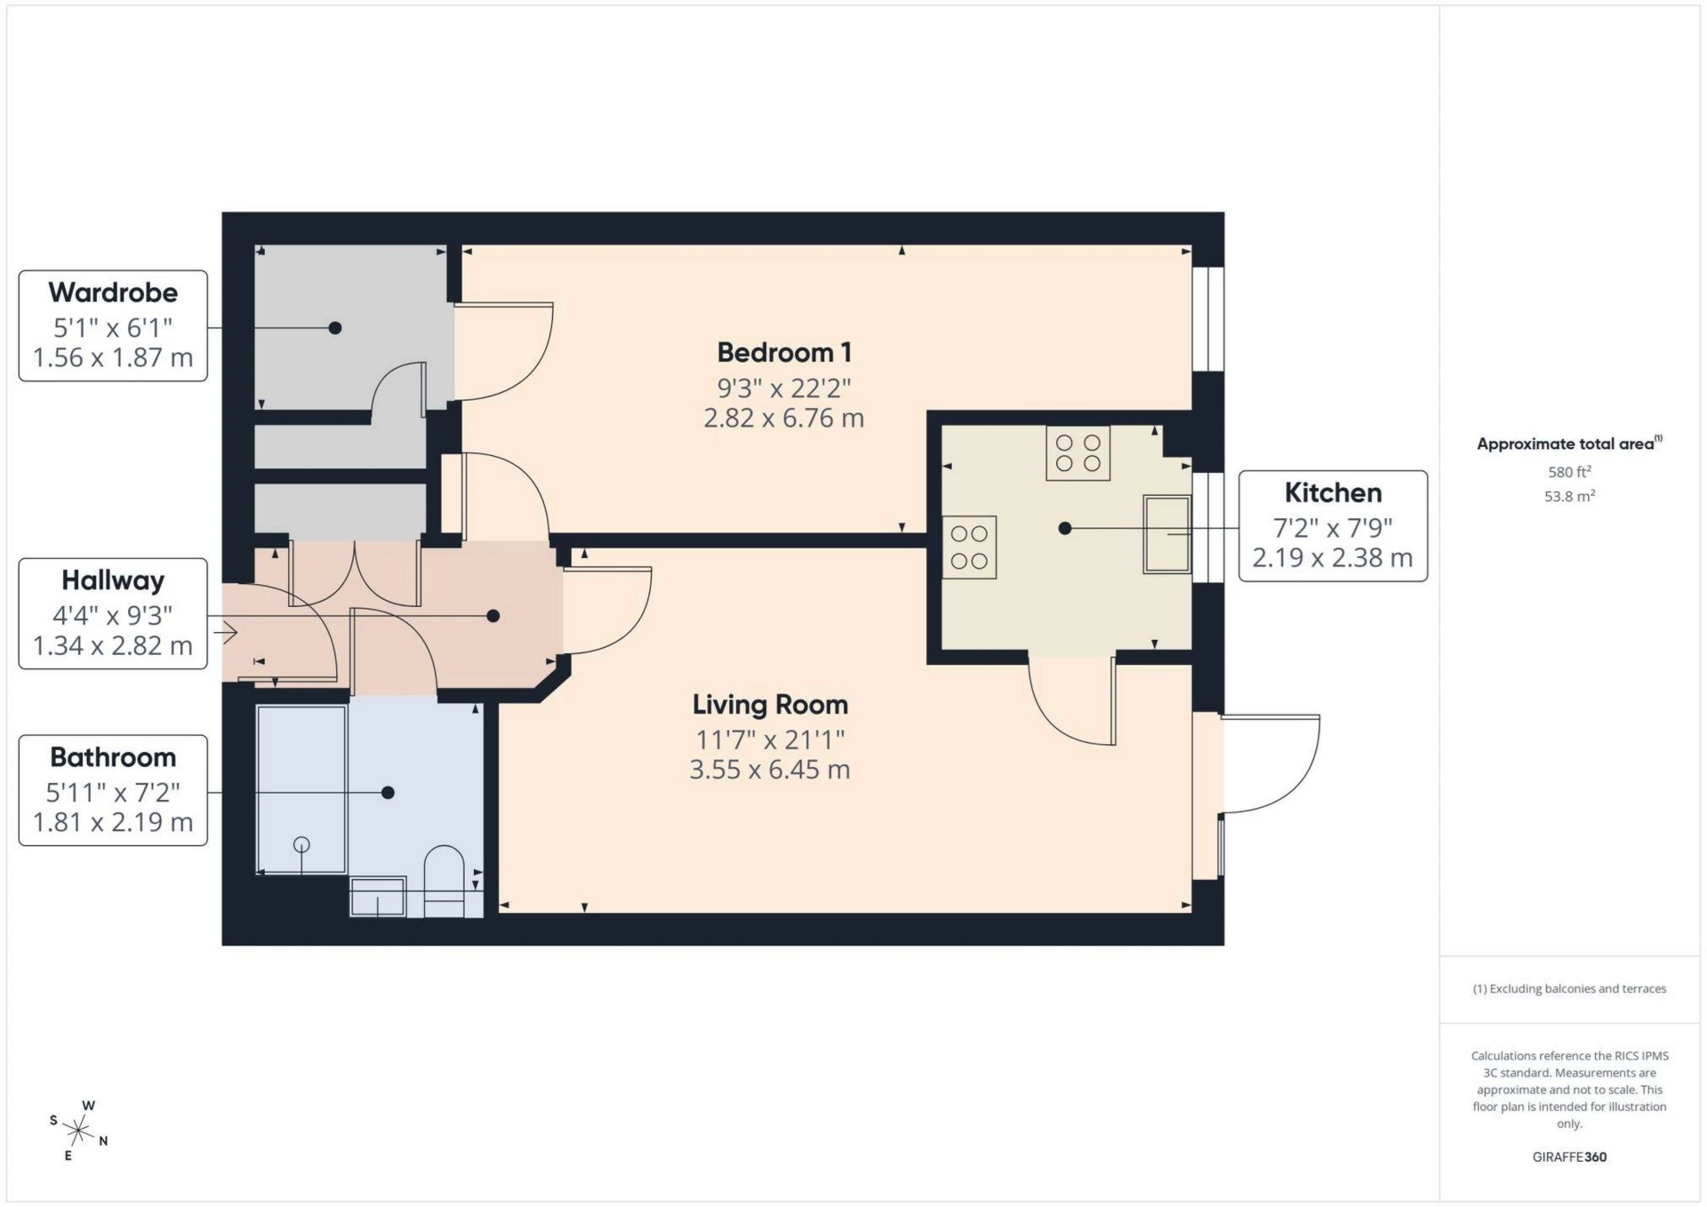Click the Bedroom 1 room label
click(x=784, y=353)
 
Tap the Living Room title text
click(x=770, y=705)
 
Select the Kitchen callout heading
click(x=1332, y=492)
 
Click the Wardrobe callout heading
click(x=113, y=292)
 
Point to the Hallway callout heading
click(x=113, y=580)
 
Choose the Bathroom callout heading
click(x=113, y=757)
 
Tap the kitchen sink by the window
click(x=1166, y=533)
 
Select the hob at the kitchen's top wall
click(x=1078, y=453)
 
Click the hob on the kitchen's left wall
click(x=969, y=548)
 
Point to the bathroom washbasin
click(x=378, y=896)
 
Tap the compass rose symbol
click(x=79, y=1131)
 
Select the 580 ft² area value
click(x=1569, y=472)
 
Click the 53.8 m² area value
click(x=1569, y=496)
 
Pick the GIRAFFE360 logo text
click(x=1569, y=1156)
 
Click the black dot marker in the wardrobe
click(x=335, y=328)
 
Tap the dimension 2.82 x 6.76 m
click(x=783, y=418)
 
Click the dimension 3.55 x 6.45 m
click(x=770, y=770)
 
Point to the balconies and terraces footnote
click(x=1569, y=988)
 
